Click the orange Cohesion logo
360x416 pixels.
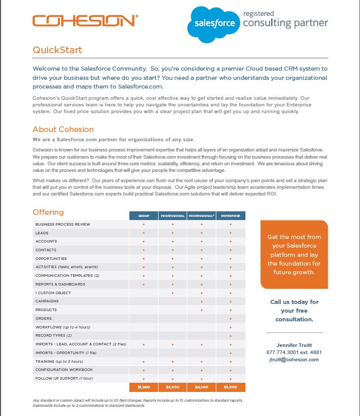(84, 20)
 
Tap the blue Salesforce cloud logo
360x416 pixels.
(214, 24)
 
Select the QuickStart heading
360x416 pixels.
(57, 50)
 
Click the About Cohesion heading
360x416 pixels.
(63, 129)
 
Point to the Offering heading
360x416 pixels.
(48, 212)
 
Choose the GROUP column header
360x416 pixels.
(144, 216)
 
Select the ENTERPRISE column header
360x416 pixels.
(231, 216)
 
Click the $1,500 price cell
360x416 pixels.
(144, 387)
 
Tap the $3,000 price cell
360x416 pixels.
(173, 387)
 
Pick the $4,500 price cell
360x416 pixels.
(201, 387)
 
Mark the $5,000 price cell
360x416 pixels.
(231, 387)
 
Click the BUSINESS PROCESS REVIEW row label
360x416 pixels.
(62, 225)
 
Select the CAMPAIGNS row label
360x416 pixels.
(47, 301)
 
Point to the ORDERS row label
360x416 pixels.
(43, 318)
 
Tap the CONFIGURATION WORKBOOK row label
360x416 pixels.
(64, 369)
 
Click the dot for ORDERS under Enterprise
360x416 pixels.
(231, 318)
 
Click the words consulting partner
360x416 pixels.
(285, 23)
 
